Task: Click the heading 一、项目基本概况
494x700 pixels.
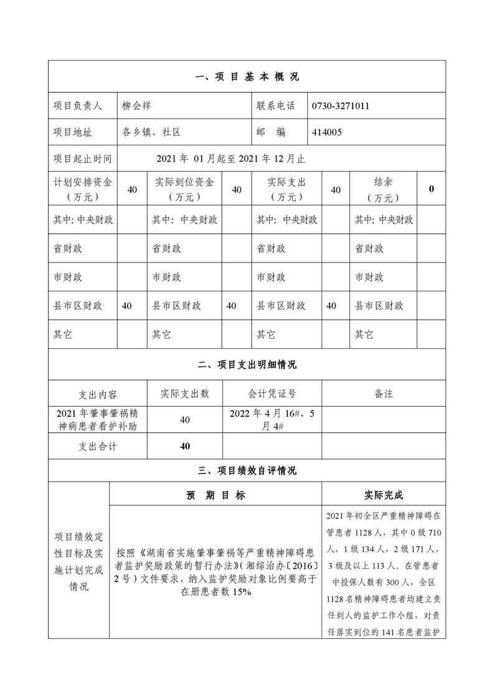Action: [247, 77]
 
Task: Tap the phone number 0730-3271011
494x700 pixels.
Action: [341, 106]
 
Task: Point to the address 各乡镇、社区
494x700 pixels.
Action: [151, 132]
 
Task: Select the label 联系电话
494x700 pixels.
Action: [275, 106]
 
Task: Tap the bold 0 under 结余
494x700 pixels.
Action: [431, 189]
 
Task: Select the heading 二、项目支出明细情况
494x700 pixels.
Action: [247, 365]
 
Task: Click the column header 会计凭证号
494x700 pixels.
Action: [272, 394]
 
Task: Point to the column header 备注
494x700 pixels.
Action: [383, 394]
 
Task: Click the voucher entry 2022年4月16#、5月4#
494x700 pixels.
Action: [272, 419]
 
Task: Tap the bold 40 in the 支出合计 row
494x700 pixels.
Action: [184, 446]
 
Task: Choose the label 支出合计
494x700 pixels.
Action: [97, 446]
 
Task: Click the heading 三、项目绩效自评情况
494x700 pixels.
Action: [247, 471]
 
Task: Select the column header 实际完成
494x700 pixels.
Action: [383, 495]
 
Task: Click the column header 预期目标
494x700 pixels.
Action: [216, 495]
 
